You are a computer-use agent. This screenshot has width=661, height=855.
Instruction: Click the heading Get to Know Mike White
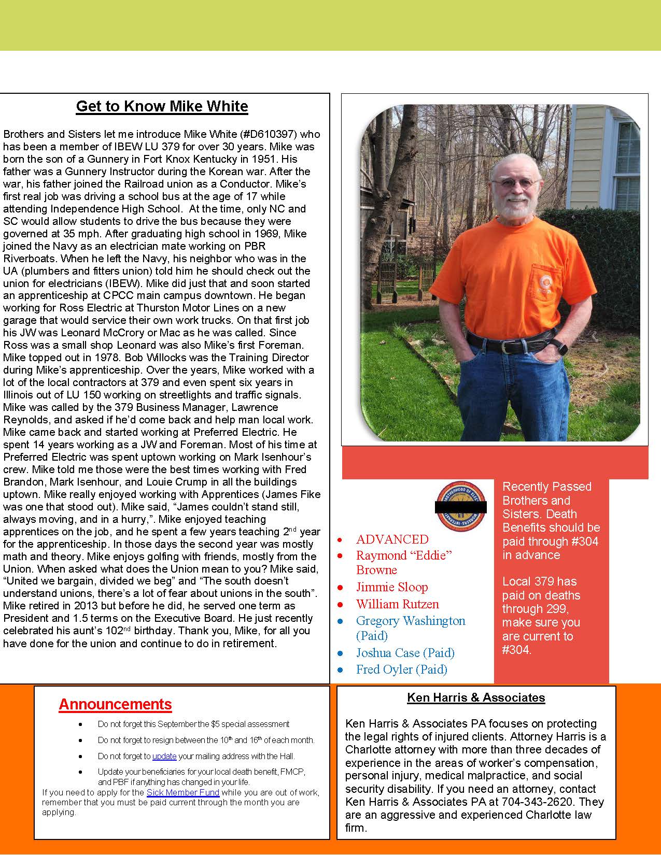click(x=162, y=106)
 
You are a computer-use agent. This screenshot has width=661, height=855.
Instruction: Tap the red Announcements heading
click(x=115, y=704)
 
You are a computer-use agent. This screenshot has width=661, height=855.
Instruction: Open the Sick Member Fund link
click(x=183, y=792)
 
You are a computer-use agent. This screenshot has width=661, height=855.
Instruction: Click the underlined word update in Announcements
click(x=164, y=756)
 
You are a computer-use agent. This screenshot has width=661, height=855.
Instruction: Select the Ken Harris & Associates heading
click(x=476, y=697)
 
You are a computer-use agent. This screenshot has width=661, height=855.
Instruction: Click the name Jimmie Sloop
click(x=392, y=587)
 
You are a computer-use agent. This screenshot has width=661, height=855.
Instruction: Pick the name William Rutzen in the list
click(x=397, y=604)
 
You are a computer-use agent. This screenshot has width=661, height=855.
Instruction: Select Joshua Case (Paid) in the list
click(x=405, y=653)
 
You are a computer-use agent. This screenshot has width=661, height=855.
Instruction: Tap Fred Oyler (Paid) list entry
click(x=401, y=669)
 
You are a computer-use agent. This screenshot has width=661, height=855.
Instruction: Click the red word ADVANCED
click(x=392, y=539)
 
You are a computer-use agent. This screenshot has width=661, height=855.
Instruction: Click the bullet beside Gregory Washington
click(x=340, y=621)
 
